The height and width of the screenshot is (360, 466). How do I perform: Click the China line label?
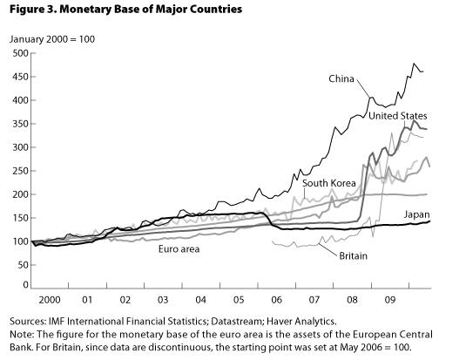[341, 79]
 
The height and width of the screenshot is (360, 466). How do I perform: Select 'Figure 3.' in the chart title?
[30, 9]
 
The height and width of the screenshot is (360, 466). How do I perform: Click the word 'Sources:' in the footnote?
[29, 322]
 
